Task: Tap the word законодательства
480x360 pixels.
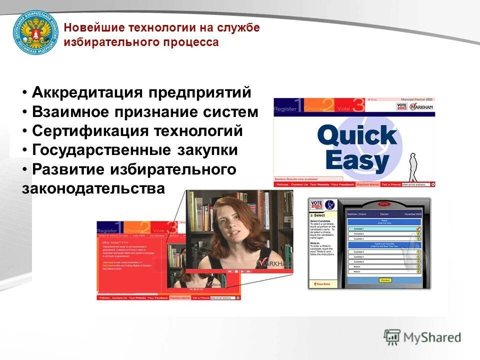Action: (x=93, y=188)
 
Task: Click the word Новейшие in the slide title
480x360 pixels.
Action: (x=94, y=27)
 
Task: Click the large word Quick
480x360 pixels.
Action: (x=356, y=135)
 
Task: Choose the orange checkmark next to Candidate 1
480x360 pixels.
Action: (x=418, y=228)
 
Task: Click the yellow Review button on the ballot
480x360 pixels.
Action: (x=385, y=280)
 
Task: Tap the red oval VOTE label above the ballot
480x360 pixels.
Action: (x=384, y=204)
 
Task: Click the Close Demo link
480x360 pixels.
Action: (x=323, y=283)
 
